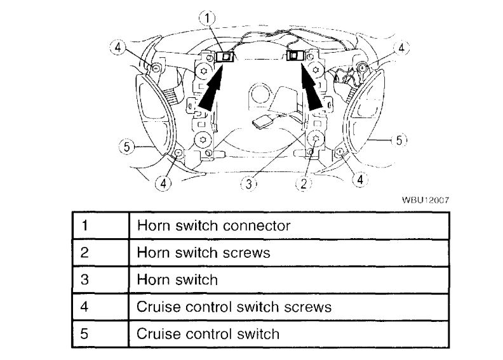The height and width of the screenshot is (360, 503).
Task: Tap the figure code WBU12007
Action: (x=426, y=199)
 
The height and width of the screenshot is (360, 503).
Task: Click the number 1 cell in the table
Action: (x=100, y=225)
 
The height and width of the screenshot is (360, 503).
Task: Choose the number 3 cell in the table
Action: (x=100, y=279)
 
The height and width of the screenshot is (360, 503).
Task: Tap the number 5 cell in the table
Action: (x=100, y=333)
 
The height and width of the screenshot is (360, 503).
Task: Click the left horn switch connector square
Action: (x=225, y=58)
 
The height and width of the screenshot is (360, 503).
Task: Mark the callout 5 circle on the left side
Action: (x=126, y=147)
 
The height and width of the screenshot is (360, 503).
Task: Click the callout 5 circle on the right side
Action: (x=398, y=140)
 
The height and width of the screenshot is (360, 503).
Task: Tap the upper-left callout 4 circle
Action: (x=118, y=48)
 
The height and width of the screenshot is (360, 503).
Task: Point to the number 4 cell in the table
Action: (x=100, y=306)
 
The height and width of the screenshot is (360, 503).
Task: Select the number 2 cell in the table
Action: (x=100, y=252)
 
